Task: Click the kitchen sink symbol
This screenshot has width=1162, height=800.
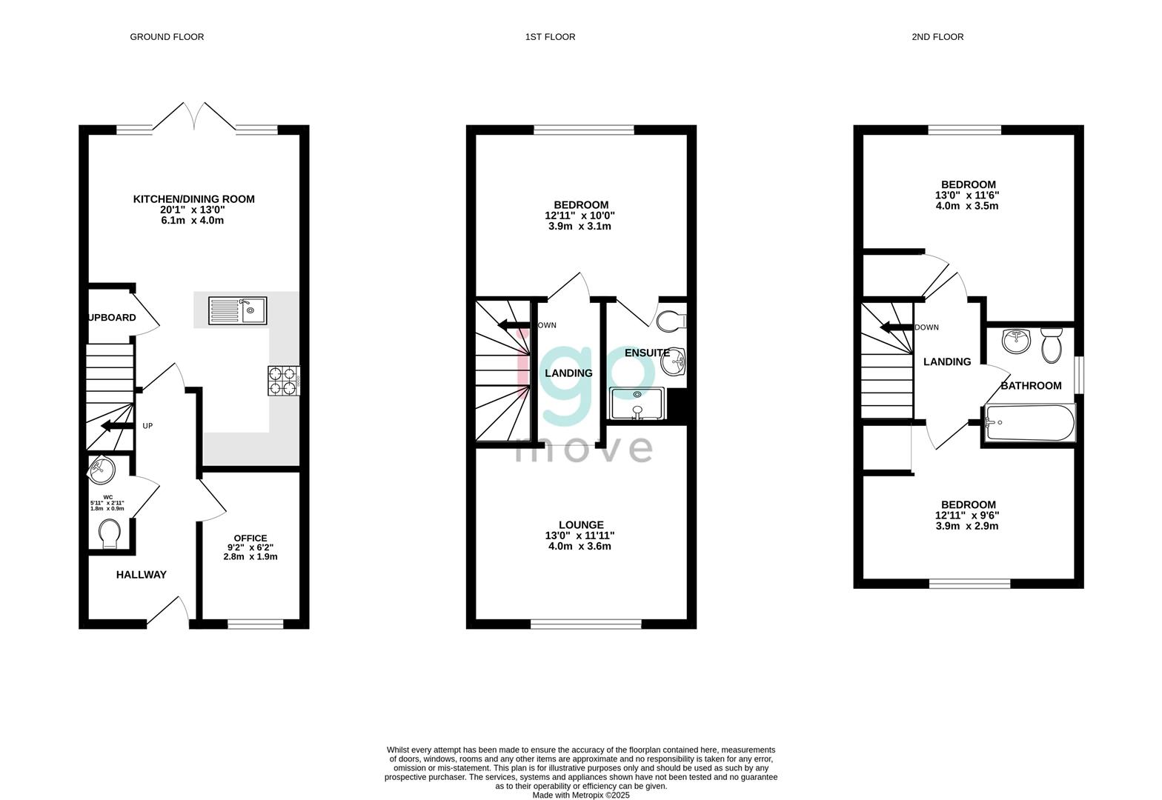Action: [x=238, y=310]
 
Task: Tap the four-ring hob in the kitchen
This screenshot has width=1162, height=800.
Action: [x=284, y=381]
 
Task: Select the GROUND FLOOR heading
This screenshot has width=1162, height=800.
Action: [x=167, y=37]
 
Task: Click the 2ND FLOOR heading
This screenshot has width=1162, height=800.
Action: [x=937, y=37]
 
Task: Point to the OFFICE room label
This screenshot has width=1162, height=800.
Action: [x=250, y=539]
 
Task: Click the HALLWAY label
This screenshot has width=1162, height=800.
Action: [x=141, y=575]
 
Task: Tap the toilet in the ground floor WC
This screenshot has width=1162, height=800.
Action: [x=110, y=534]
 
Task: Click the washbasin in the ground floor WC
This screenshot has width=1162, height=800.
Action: [x=101, y=469]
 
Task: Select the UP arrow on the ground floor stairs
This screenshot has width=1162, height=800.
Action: [x=117, y=426]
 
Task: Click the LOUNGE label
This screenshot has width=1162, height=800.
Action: [x=581, y=524]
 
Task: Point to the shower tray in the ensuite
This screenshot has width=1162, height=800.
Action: [x=637, y=404]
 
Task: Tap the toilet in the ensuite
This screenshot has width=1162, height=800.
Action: [x=671, y=321]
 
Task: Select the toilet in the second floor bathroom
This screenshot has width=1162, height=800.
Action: [x=1052, y=345]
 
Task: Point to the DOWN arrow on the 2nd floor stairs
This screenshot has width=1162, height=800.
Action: [x=897, y=327]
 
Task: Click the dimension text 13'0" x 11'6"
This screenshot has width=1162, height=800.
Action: [x=967, y=196]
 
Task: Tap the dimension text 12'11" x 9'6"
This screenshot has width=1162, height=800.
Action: [x=967, y=516]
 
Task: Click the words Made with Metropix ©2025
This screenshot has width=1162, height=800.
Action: [x=581, y=795]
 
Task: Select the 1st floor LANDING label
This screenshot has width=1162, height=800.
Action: [x=568, y=373]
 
